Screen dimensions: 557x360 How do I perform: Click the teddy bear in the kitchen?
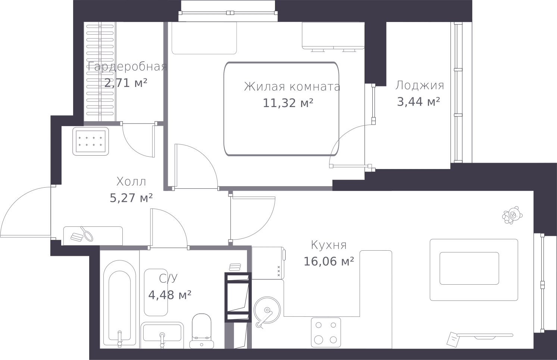[512, 215]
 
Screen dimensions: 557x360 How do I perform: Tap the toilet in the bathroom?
[202, 331]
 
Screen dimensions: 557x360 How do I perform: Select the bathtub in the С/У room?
[120, 303]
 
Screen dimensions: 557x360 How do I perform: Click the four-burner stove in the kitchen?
[326, 332]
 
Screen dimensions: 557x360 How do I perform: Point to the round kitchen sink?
[267, 310]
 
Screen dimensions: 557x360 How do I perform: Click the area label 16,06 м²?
[329, 261]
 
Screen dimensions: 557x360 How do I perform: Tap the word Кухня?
[329, 245]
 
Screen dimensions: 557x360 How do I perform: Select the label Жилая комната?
[292, 87]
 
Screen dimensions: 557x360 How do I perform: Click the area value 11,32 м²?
[288, 103]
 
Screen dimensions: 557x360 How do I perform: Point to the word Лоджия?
[420, 85]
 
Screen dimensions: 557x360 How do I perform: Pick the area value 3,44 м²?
[419, 101]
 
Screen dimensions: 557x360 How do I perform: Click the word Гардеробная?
[127, 67]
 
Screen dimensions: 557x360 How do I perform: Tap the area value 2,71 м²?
[126, 83]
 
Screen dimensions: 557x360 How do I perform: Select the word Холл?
[131, 181]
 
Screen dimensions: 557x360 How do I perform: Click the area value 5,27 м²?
[131, 198]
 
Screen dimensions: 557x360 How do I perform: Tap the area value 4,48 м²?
[170, 295]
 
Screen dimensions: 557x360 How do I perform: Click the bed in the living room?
[281, 109]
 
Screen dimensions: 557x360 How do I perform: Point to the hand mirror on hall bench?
[87, 234]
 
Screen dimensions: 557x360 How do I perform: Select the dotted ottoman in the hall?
[91, 141]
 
